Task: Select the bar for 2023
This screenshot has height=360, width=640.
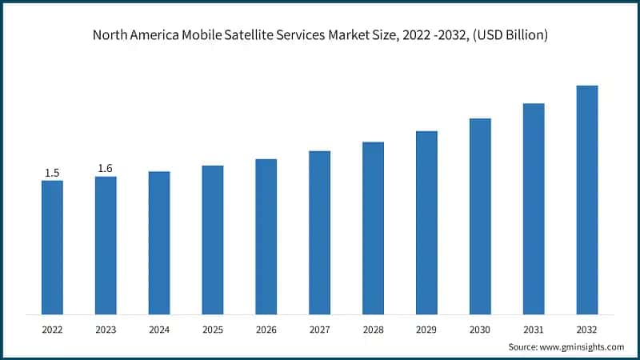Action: pyautogui.click(x=106, y=245)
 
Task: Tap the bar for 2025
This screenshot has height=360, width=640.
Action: pyautogui.click(x=213, y=239)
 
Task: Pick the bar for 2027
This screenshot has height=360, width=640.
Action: pyautogui.click(x=320, y=232)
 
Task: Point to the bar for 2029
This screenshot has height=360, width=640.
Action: pyautogui.click(x=426, y=222)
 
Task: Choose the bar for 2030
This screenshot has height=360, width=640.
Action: pyautogui.click(x=480, y=216)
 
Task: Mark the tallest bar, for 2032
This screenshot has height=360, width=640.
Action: pyautogui.click(x=587, y=199)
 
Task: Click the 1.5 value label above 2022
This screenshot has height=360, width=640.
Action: pyautogui.click(x=52, y=173)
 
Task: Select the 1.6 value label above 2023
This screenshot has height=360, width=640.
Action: pyautogui.click(x=106, y=168)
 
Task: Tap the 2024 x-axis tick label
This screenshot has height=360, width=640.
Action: pyautogui.click(x=159, y=329)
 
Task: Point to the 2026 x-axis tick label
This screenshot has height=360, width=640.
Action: pyautogui.click(x=266, y=329)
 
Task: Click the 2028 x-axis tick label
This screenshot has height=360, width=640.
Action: pyautogui.click(x=373, y=329)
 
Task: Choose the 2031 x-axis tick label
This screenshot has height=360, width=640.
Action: pyautogui.click(x=534, y=329)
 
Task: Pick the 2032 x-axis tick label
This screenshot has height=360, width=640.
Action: pyautogui.click(x=587, y=329)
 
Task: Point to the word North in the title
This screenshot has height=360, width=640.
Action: pyautogui.click(x=110, y=35)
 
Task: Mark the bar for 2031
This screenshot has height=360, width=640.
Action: pyautogui.click(x=534, y=208)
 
